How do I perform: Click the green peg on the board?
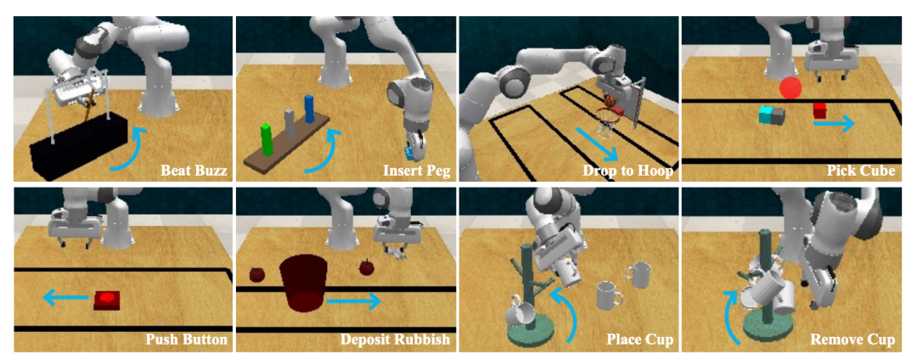coord(267,140)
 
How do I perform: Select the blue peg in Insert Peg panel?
coord(309,110)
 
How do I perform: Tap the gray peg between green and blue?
coord(289,124)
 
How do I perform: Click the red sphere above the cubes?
coord(790,87)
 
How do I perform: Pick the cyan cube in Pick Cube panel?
coord(766,115)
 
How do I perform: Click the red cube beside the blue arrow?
coord(820,110)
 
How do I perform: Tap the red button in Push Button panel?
coord(107,300)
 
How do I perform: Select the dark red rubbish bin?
coord(301,284)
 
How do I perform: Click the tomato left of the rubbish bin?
coord(257,273)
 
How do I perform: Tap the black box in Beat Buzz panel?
coord(79,146)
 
